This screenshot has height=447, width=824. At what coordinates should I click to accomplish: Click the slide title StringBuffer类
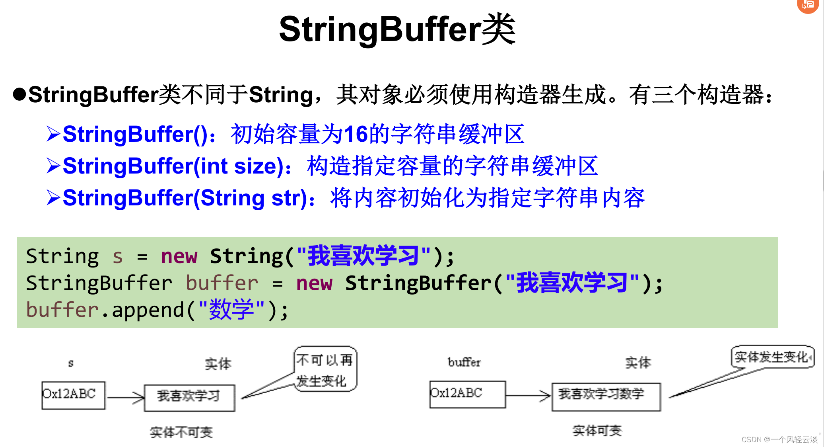(397, 29)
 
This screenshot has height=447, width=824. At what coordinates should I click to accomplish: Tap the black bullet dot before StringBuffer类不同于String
(19, 94)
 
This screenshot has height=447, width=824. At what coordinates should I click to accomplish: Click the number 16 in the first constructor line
(356, 134)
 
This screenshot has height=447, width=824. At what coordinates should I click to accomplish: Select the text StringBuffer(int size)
(173, 166)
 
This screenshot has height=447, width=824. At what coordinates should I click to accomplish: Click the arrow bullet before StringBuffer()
(53, 134)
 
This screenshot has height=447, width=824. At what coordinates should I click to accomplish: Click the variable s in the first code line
(117, 257)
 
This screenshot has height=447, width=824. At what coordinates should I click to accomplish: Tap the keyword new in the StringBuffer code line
(314, 283)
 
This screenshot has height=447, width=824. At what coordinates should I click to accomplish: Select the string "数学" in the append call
(231, 310)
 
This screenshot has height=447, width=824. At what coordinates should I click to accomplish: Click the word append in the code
(148, 310)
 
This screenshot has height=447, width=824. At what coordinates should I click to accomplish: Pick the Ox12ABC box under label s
(73, 395)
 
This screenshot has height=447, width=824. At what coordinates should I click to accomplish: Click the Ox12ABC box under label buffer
(467, 394)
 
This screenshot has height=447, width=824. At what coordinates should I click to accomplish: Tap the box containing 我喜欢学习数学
(606, 396)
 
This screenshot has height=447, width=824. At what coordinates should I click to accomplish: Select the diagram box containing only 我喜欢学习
(189, 397)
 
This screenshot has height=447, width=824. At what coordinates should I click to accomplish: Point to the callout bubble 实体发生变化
(772, 357)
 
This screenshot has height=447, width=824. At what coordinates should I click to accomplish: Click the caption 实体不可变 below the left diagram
(181, 432)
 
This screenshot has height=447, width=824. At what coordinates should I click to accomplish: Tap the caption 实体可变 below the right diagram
(597, 430)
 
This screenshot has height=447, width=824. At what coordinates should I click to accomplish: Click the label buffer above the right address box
(464, 362)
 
